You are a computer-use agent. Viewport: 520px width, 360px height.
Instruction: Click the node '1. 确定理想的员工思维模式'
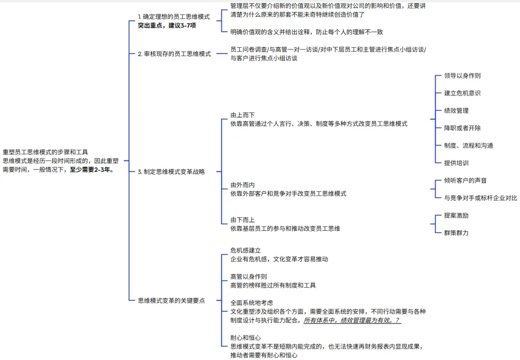pyautogui.click(x=174, y=16)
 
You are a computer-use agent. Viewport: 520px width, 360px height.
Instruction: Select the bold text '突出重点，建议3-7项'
pyautogui.click(x=167, y=26)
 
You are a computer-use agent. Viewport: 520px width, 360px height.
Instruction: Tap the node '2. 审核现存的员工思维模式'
pyautogui.click(x=174, y=54)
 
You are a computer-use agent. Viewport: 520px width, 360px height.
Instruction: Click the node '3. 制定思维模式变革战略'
pyautogui.click(x=171, y=172)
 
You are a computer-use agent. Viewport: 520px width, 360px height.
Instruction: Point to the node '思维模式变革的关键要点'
pyautogui.click(x=171, y=300)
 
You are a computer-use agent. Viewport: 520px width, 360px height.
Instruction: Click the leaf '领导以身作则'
pyautogui.click(x=462, y=76)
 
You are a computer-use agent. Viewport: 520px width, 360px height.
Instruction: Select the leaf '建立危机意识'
pyautogui.click(x=462, y=93)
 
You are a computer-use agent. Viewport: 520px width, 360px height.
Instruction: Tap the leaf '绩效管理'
pyautogui.click(x=456, y=110)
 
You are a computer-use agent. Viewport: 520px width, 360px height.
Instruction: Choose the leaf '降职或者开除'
pyautogui.click(x=462, y=128)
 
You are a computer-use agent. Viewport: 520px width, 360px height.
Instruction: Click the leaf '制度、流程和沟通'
pyautogui.click(x=468, y=146)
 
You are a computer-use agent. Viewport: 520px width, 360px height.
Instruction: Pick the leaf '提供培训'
pyautogui.click(x=456, y=163)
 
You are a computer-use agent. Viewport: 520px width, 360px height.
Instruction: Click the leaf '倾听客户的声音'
pyautogui.click(x=465, y=180)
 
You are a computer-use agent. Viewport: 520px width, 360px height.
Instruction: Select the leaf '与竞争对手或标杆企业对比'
pyautogui.click(x=480, y=198)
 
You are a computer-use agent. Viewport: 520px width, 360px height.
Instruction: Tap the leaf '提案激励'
pyautogui.click(x=456, y=215)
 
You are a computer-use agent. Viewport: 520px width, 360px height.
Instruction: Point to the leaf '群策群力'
pyautogui.click(x=456, y=233)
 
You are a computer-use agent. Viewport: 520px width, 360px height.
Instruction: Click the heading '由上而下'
pyautogui.click(x=242, y=115)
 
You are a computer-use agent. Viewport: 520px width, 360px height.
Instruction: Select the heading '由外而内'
pyautogui.click(x=242, y=185)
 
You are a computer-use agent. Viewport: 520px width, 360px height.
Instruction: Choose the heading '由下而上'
pyautogui.click(x=242, y=220)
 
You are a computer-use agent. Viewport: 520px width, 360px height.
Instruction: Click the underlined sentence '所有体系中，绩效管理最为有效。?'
pyautogui.click(x=352, y=320)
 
